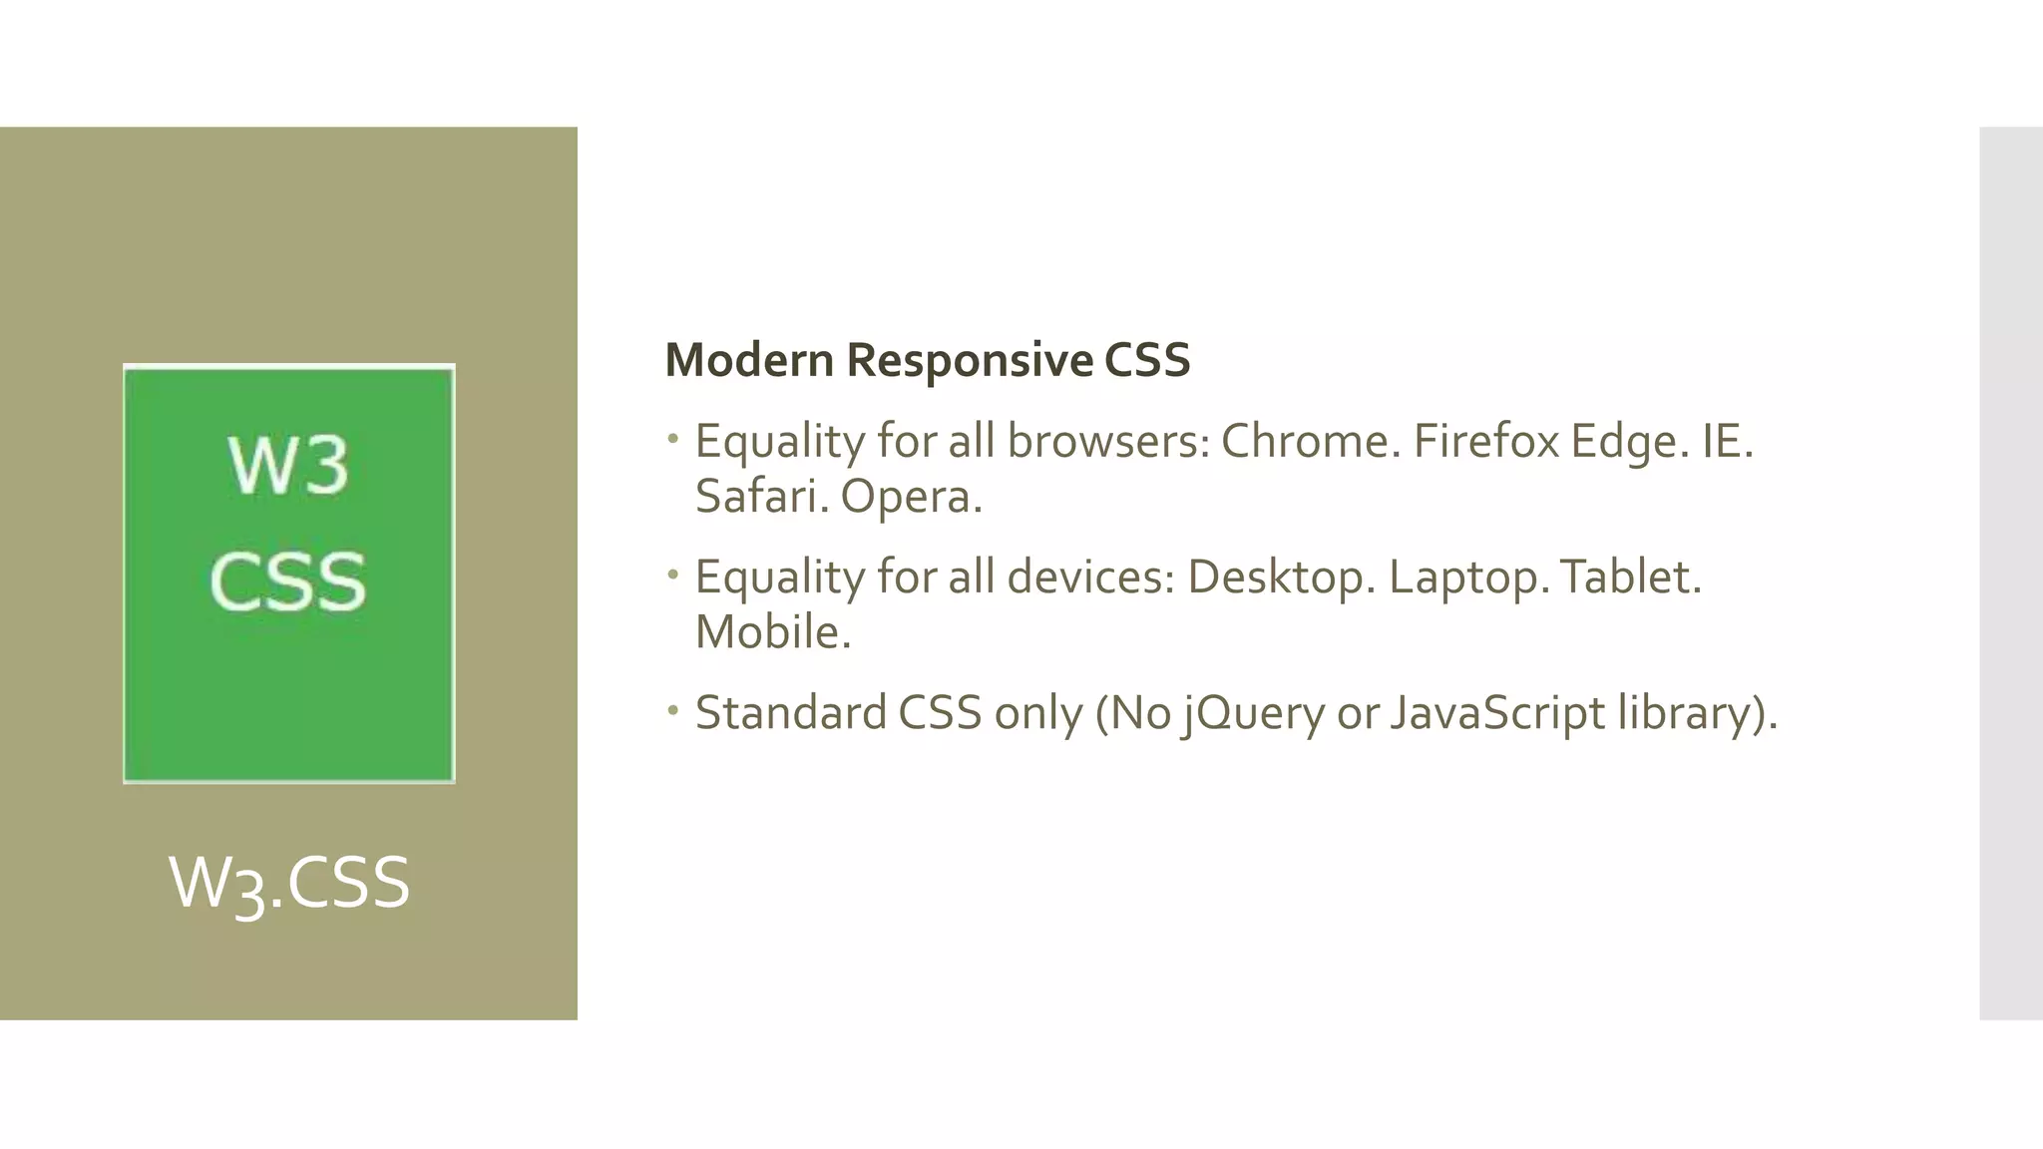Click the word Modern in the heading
coord(749,360)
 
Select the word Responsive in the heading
coord(970,360)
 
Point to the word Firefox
coord(1485,441)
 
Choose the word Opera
coord(910,497)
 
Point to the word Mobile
coord(772,631)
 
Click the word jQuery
coord(1253,713)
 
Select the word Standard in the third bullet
coord(791,712)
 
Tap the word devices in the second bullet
coord(1091,576)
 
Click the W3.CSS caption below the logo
coord(289,884)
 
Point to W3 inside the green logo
coord(288,466)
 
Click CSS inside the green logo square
coord(288,580)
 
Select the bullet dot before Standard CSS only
coord(673,710)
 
